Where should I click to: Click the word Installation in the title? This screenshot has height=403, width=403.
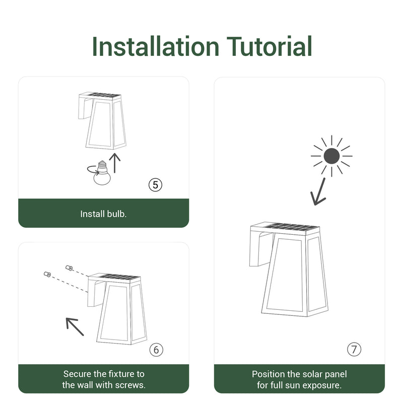[155, 46]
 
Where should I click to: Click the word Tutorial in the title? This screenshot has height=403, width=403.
[270, 46]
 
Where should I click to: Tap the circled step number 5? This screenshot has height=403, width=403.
[155, 185]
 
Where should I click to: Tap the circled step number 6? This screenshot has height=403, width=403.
[156, 349]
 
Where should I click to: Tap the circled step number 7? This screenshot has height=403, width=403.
[354, 349]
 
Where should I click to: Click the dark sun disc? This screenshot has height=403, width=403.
[331, 157]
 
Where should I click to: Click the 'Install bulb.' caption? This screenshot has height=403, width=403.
[103, 214]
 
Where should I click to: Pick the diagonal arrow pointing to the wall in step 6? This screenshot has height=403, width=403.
[75, 326]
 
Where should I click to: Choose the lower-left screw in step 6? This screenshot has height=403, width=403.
[48, 275]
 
